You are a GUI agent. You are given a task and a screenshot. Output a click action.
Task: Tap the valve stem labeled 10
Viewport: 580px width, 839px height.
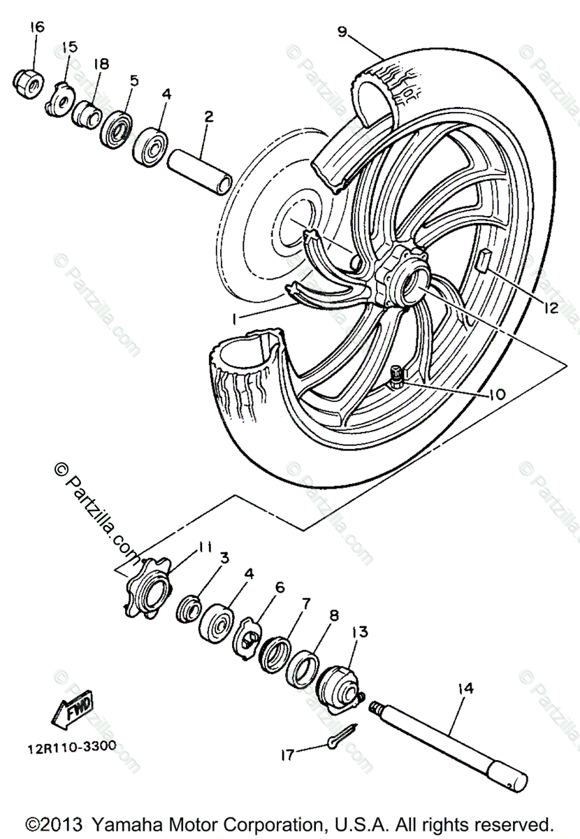click(397, 378)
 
